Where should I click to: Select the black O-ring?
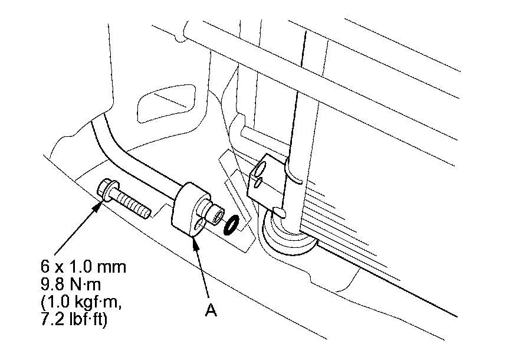[231, 224]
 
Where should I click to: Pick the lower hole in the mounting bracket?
[257, 183]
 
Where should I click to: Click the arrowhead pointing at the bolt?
[100, 203]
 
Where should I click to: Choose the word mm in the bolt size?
[114, 267]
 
